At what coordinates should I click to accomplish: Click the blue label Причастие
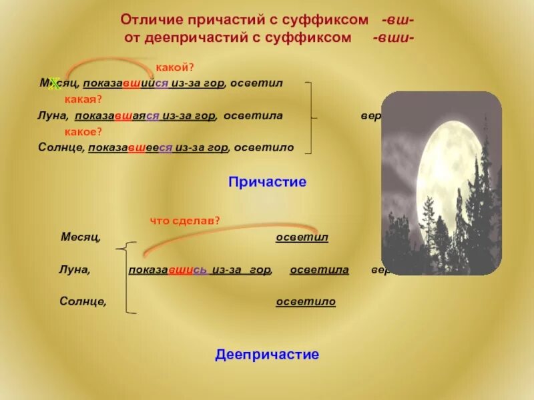[x=267, y=181]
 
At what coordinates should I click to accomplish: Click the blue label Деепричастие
[x=267, y=355]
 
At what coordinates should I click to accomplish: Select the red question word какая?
[x=83, y=99]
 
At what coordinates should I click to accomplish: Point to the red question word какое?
[x=83, y=131]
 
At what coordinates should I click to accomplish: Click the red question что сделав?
[x=185, y=221]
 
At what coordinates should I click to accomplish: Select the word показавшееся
[x=131, y=147]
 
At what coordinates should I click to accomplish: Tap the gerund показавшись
[x=167, y=270]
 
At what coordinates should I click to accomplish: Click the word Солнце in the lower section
[x=83, y=302]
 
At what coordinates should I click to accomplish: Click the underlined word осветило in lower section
[x=306, y=302]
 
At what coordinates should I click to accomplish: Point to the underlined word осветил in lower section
[x=302, y=238]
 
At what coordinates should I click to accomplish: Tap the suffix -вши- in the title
[x=393, y=38]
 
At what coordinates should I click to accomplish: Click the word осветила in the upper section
[x=253, y=115]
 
